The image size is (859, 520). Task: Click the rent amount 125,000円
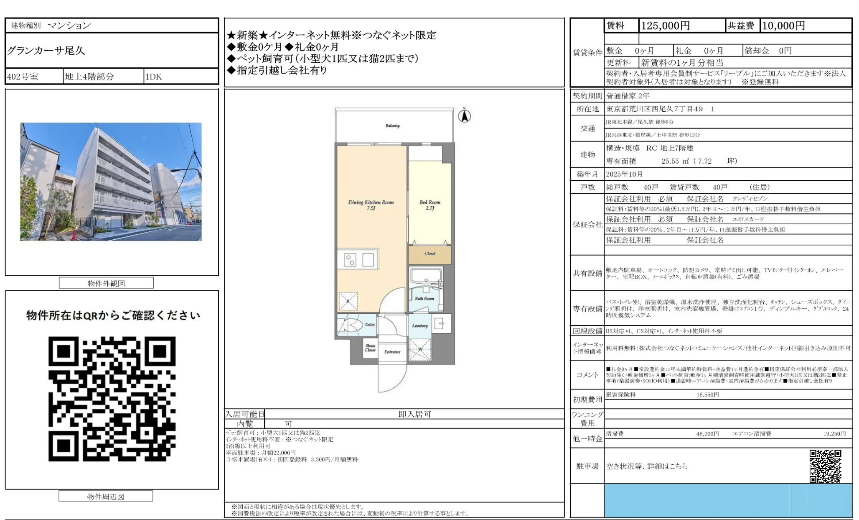click(665, 26)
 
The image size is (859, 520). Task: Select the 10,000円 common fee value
click(783, 26)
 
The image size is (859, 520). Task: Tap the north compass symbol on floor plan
click(464, 115)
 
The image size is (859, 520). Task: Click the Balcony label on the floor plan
click(392, 126)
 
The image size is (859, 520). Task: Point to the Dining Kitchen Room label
click(371, 205)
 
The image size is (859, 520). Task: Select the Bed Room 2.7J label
click(430, 205)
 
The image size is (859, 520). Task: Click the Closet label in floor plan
click(430, 254)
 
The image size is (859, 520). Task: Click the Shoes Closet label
click(370, 348)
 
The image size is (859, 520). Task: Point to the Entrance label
click(392, 352)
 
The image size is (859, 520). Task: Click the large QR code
click(112, 399)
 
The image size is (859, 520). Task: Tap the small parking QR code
click(825, 466)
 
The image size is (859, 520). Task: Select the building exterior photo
click(111, 182)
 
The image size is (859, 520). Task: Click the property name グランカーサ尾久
click(46, 51)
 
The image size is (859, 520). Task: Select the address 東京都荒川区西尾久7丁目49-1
click(660, 109)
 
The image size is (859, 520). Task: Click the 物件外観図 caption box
click(106, 283)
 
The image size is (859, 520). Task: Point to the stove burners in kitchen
click(350, 260)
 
